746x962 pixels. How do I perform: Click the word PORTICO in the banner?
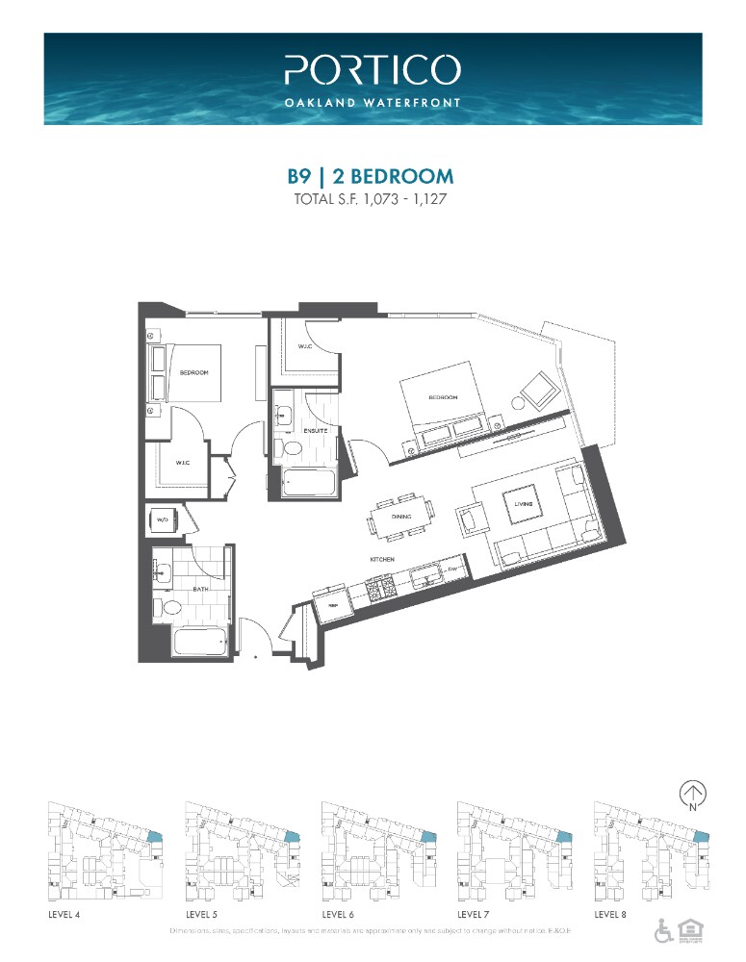pyautogui.click(x=373, y=70)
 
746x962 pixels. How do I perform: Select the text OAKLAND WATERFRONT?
pyautogui.click(x=373, y=101)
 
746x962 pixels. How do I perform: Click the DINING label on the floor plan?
pyautogui.click(x=401, y=517)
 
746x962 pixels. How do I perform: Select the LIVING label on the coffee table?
pyautogui.click(x=523, y=504)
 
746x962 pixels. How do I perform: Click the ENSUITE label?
pyautogui.click(x=318, y=431)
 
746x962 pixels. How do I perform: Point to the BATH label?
pyautogui.click(x=200, y=590)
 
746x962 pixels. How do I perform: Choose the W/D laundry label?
pyautogui.click(x=162, y=520)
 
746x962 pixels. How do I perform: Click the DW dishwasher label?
pyautogui.click(x=451, y=570)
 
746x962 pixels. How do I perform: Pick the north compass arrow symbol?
pyautogui.click(x=691, y=794)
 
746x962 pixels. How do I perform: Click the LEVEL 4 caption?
pyautogui.click(x=64, y=914)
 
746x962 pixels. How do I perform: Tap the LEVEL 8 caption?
pyautogui.click(x=610, y=914)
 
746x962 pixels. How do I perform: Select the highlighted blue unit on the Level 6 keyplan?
pyautogui.click(x=429, y=839)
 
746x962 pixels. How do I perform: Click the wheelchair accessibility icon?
pyautogui.click(x=664, y=930)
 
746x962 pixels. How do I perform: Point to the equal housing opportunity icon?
pyautogui.click(x=688, y=930)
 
